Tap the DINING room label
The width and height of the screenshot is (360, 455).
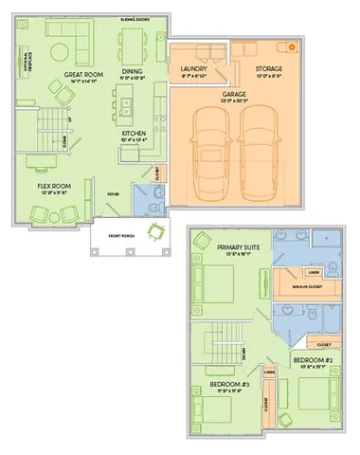coord(132,69)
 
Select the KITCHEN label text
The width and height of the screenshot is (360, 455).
coord(132,134)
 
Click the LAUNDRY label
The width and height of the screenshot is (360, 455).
coord(193,69)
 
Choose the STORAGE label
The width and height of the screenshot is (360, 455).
coord(268,69)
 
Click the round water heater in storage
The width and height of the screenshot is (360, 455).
coord(292,45)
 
